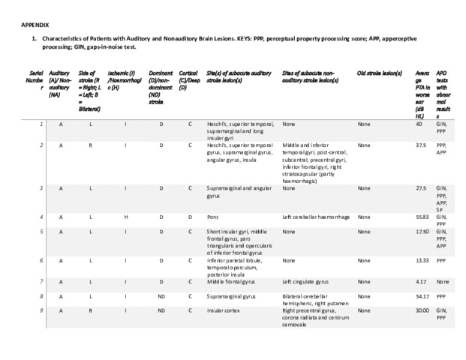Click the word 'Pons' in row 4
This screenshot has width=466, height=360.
[213, 216]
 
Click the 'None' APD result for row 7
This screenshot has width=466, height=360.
[443, 281]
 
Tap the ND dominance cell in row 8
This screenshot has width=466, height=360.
[161, 297]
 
